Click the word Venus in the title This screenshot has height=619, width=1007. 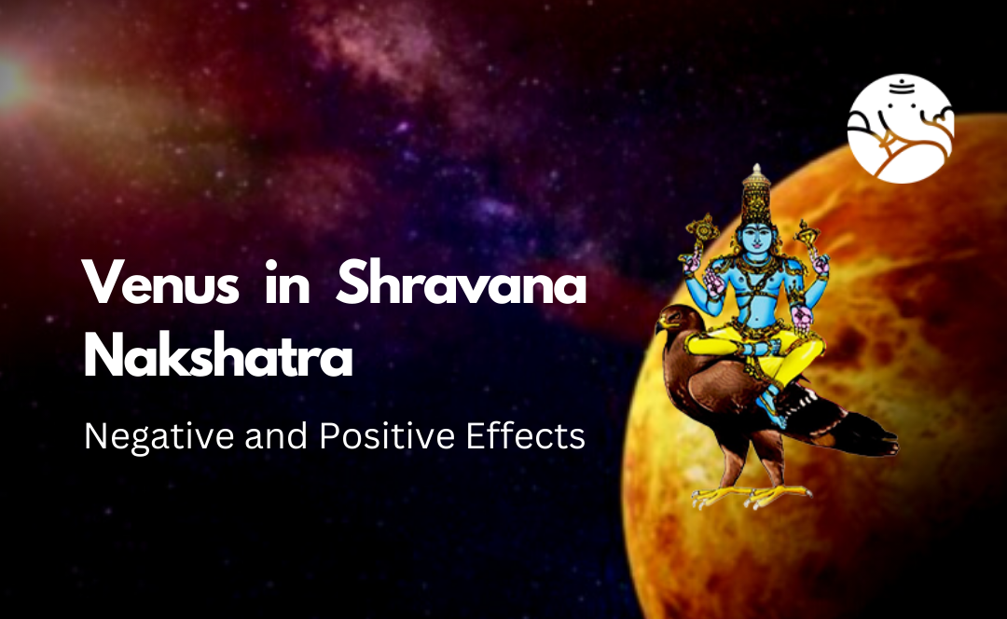click(159, 282)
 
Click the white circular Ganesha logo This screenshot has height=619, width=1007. click(900, 129)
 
